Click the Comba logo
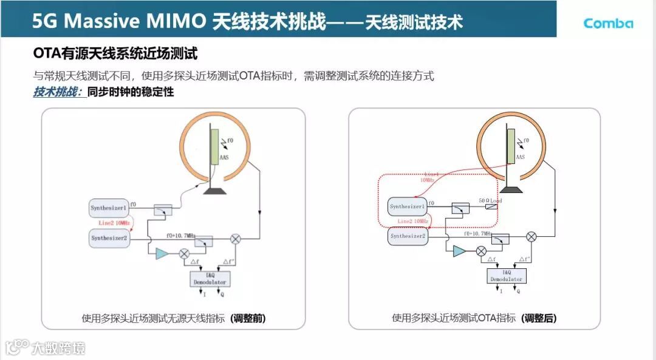(608, 23)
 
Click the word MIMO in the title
(177, 21)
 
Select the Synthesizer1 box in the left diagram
(109, 208)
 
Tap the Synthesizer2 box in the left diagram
(109, 237)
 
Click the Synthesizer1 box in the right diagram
(408, 206)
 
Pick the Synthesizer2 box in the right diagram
(408, 236)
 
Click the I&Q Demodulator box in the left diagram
(210, 279)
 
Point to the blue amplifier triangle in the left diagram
(162, 254)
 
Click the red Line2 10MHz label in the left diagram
(114, 223)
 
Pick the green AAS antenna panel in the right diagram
(511, 146)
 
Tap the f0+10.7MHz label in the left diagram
(180, 235)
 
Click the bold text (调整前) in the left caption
(248, 318)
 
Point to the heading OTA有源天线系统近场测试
(115, 54)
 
